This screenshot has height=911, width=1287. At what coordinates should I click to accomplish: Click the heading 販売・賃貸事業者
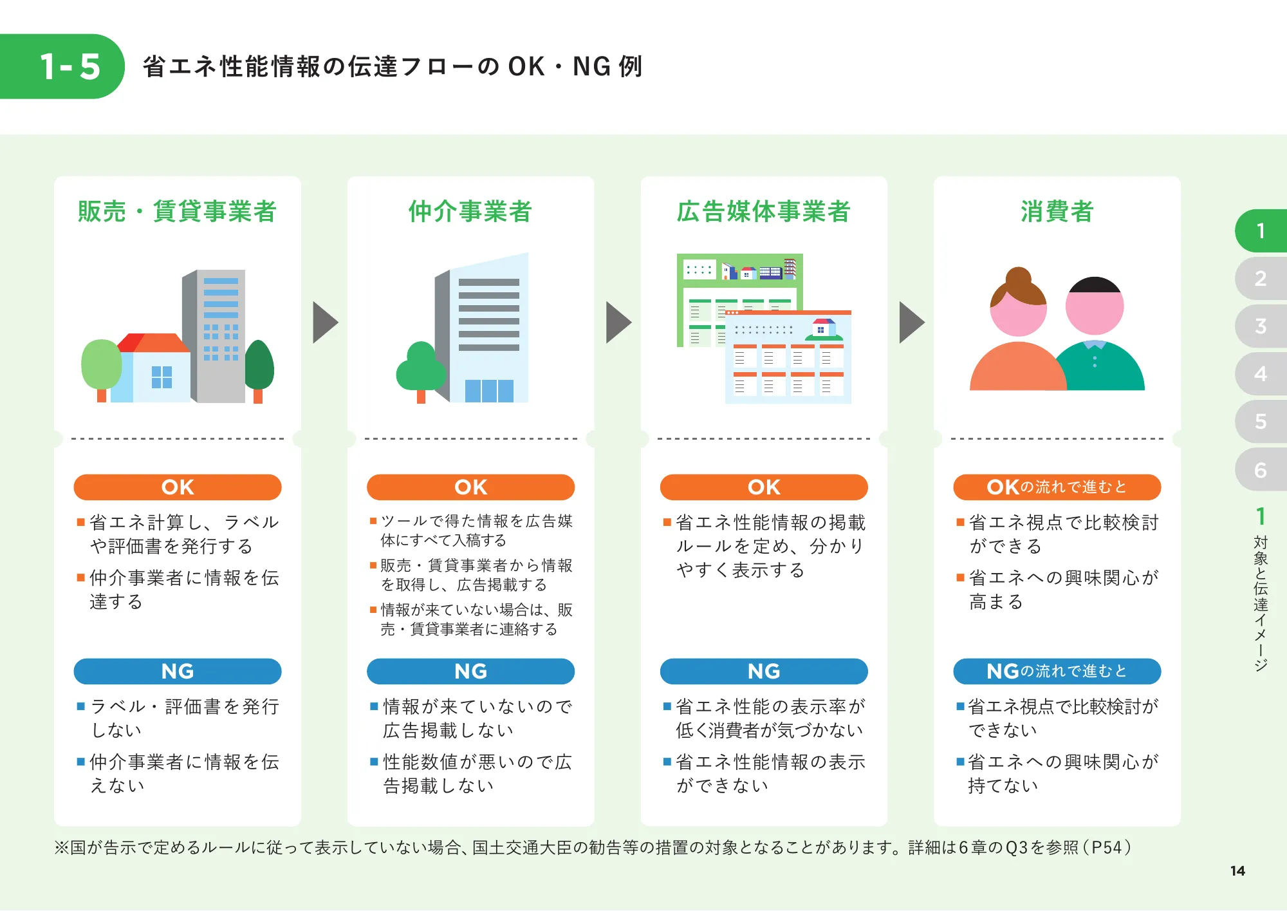[177, 211]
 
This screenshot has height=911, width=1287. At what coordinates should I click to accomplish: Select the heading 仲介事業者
[470, 211]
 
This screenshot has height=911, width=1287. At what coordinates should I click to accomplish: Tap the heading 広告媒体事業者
[764, 211]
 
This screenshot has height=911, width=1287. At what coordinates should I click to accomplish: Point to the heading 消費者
[1057, 211]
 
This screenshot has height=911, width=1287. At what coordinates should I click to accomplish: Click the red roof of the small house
[154, 343]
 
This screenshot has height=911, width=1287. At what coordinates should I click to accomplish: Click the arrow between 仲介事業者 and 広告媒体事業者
[618, 322]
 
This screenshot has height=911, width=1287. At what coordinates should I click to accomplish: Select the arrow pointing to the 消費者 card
[911, 322]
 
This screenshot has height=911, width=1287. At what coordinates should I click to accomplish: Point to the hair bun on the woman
[1018, 278]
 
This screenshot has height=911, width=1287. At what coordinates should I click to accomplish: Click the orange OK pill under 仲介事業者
[470, 487]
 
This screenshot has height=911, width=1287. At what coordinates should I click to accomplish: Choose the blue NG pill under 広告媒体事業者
[764, 672]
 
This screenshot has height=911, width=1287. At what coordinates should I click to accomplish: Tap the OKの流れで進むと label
[1057, 487]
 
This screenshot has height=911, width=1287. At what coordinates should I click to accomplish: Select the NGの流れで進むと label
[1057, 672]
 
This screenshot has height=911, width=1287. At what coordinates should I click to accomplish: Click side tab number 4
[1260, 373]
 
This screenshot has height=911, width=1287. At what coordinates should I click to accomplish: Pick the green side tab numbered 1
[1260, 230]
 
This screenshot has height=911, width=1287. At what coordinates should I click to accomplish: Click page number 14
[1237, 871]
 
